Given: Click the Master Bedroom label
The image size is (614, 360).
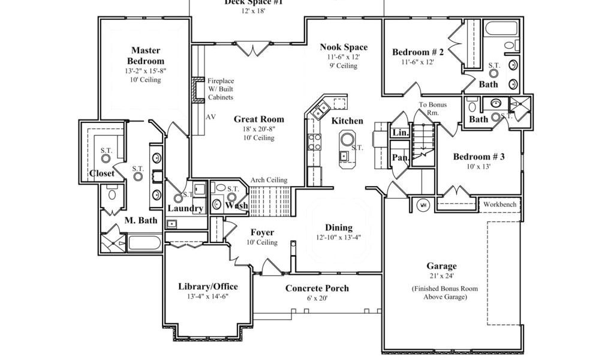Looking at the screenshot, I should [x=146, y=56].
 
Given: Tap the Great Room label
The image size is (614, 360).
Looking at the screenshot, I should [x=258, y=119].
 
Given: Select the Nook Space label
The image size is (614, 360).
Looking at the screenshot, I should [x=344, y=47].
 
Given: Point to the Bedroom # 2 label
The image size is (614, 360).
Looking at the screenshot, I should [x=418, y=52].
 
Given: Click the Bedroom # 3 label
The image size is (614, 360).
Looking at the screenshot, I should [x=478, y=157].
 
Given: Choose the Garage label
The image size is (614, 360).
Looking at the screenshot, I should [x=441, y=266].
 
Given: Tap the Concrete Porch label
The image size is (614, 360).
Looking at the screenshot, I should [x=317, y=289].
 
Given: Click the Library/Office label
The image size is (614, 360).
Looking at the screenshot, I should [x=207, y=286].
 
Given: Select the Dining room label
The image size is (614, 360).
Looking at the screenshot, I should [x=339, y=228].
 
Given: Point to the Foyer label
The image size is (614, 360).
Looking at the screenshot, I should [x=262, y=233].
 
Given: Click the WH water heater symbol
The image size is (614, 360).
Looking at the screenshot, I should [x=423, y=205].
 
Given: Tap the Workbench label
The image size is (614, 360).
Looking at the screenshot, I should [x=499, y=205].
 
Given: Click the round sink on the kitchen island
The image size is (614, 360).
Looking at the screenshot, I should [x=348, y=140].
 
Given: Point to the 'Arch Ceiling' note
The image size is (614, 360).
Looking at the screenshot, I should [x=269, y=180].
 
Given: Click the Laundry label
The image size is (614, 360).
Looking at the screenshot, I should [x=185, y=208].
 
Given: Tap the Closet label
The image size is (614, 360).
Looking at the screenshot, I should [x=102, y=174].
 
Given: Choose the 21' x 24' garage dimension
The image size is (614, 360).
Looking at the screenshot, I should [x=441, y=276].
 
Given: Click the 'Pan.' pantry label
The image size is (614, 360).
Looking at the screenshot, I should [x=400, y=158].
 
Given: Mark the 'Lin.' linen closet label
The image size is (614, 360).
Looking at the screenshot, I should [x=400, y=133].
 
